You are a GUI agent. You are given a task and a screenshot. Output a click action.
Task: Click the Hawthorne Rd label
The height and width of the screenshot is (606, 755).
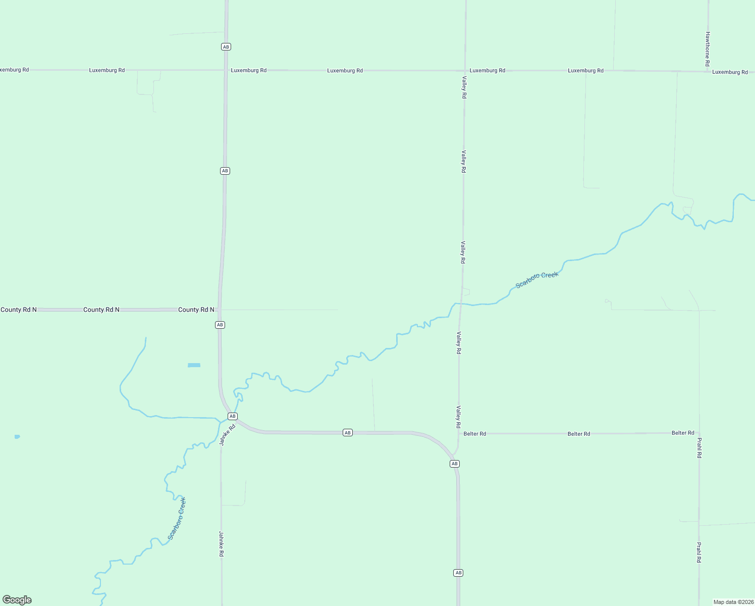[708, 49]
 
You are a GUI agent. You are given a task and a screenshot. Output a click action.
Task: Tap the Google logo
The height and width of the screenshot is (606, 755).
[17, 600]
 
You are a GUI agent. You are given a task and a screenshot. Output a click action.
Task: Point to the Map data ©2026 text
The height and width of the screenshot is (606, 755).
[733, 602]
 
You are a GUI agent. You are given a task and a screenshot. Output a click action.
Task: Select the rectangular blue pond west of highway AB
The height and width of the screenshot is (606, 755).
[194, 365]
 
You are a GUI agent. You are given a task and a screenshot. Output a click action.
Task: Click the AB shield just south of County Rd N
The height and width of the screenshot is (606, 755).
[220, 325]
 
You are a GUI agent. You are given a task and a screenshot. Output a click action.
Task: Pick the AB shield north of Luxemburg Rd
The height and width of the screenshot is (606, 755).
[226, 47]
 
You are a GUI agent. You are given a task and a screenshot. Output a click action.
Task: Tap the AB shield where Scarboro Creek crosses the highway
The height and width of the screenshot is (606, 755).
[232, 416]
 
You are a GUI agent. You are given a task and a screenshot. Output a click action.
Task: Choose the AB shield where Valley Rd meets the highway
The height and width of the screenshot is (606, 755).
[455, 464]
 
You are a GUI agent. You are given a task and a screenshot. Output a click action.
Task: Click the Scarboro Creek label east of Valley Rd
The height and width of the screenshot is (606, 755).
[537, 279]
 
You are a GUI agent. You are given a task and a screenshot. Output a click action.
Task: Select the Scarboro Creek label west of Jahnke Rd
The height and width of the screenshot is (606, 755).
[177, 519]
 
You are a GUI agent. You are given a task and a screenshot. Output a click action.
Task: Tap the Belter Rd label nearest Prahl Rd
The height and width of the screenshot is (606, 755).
[683, 433]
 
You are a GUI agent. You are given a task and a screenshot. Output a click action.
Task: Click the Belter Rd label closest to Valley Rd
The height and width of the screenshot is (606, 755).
[474, 434]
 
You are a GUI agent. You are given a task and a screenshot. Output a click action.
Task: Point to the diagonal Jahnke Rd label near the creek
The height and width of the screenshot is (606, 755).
[228, 435]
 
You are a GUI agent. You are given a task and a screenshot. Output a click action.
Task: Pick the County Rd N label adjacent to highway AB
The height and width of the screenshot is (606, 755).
[196, 310]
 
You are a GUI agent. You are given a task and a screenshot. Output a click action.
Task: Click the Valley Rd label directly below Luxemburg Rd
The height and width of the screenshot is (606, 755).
[464, 87]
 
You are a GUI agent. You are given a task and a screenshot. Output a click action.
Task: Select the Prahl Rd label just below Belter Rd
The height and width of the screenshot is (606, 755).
[699, 448]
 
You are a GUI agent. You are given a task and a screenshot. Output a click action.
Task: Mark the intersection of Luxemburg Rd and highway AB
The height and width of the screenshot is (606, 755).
[226, 70]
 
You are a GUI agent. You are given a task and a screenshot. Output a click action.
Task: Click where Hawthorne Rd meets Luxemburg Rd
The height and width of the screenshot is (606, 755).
[708, 71]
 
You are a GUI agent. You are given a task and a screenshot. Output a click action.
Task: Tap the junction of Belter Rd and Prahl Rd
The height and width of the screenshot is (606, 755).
[699, 433]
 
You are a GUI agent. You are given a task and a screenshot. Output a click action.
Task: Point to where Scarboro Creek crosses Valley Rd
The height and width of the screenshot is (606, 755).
[460, 304]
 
